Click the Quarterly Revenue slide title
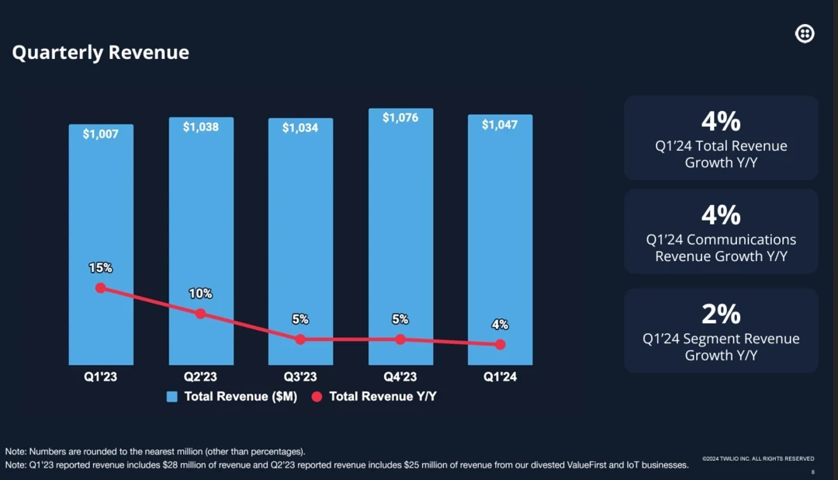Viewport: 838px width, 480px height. [x=101, y=53]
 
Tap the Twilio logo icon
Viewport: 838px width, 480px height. [x=805, y=33]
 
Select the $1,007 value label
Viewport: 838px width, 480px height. [x=100, y=134]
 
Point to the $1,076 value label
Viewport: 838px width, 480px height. [x=400, y=117]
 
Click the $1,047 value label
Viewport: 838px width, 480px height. [x=500, y=124]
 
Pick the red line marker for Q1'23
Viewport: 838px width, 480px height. [x=100, y=287]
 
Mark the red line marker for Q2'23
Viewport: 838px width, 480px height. [x=200, y=314]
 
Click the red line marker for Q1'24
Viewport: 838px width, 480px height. [x=500, y=344]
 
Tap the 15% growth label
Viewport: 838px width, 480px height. [x=100, y=268]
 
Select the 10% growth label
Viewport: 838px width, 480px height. [x=200, y=294]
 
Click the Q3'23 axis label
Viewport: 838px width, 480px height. [x=300, y=377]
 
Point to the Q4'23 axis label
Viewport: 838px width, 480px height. [x=400, y=377]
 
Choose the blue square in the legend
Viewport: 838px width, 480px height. [x=172, y=397]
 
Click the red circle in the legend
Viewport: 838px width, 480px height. [x=317, y=397]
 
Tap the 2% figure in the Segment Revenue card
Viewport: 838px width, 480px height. [x=721, y=314]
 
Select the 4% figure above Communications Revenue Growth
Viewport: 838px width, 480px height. [x=721, y=214]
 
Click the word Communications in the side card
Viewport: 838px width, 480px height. [x=741, y=239]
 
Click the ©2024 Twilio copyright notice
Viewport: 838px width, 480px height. [x=758, y=459]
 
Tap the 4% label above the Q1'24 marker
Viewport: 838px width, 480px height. [x=500, y=325]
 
